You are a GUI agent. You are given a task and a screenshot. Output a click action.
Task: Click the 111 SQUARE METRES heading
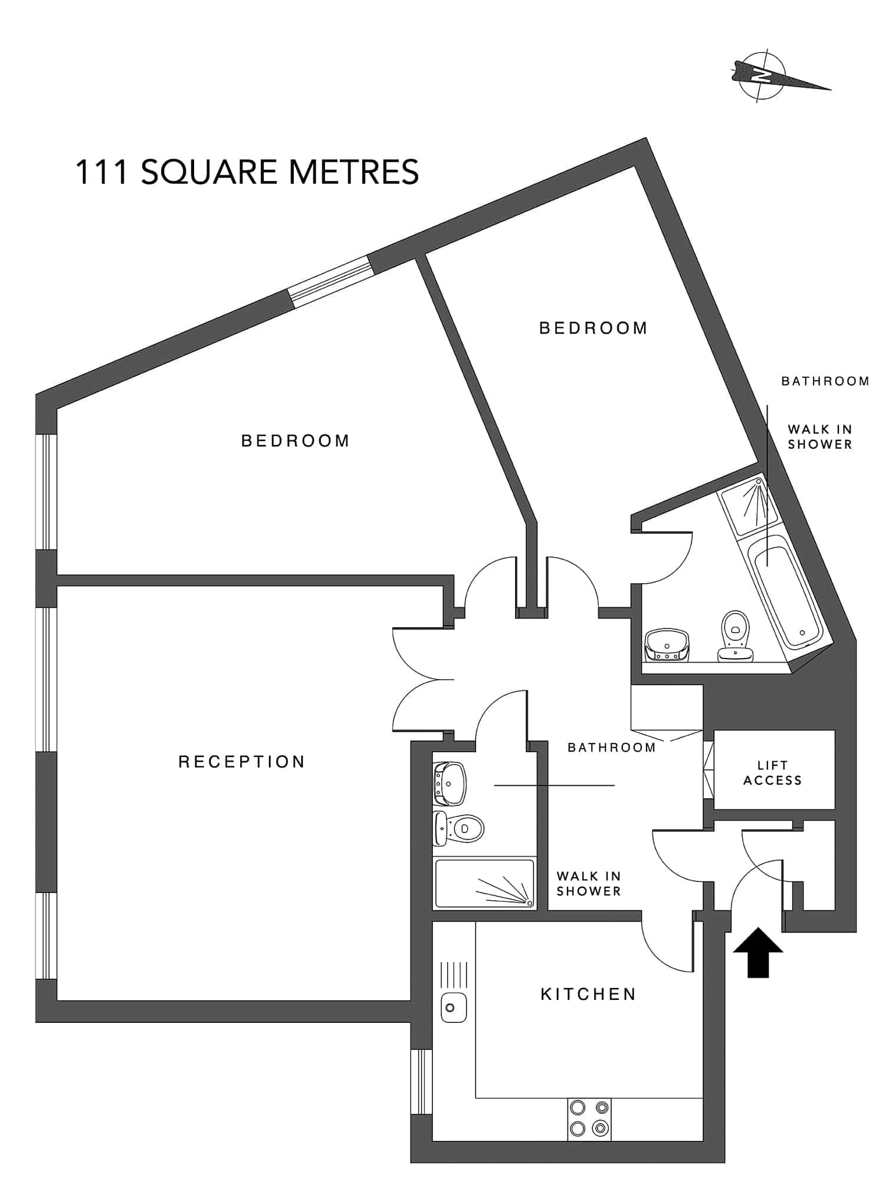(x=247, y=172)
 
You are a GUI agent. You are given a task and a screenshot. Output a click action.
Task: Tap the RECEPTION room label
(x=241, y=762)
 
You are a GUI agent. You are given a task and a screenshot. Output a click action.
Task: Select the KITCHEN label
(x=588, y=995)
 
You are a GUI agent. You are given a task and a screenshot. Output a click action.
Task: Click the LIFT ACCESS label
(x=772, y=773)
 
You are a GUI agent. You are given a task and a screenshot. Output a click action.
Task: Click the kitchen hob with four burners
(x=589, y=1118)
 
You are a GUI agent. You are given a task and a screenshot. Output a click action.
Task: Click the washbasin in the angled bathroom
(x=667, y=645)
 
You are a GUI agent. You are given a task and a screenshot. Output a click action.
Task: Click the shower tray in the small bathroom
(x=484, y=883)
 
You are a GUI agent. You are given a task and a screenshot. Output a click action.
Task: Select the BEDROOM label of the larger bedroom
(x=296, y=441)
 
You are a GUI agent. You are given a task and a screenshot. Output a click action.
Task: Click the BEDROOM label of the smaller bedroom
(x=593, y=328)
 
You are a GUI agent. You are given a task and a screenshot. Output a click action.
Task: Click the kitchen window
(x=421, y=1081)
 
